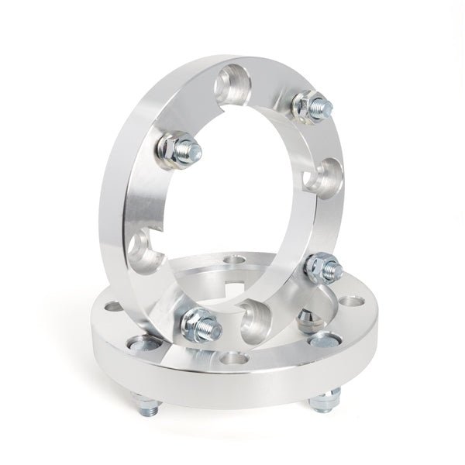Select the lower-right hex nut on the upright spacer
tap(319, 267)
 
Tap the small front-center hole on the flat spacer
tap(232, 359)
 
